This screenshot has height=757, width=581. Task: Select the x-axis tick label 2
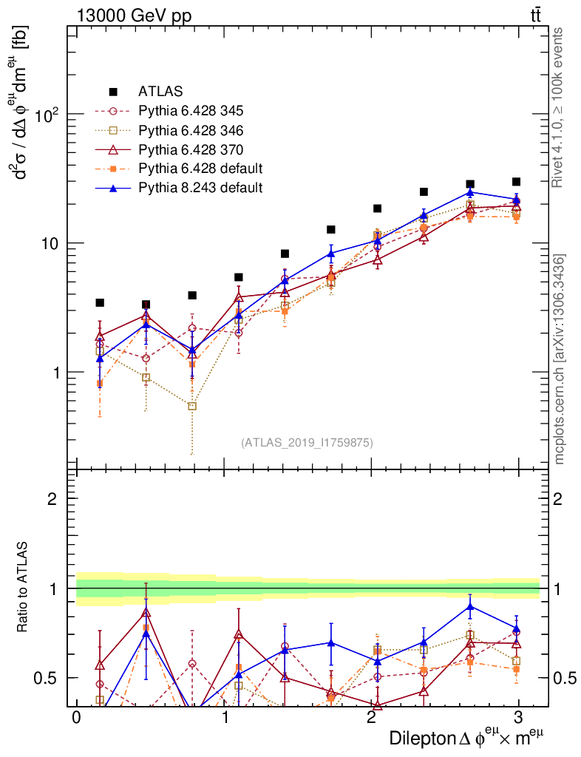[370, 719]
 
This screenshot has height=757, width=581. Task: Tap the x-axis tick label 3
[518, 719]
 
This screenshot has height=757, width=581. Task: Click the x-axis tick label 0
[76, 719]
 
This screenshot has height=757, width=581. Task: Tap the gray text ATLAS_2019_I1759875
[307, 443]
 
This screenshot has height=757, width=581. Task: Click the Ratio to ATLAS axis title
[24, 588]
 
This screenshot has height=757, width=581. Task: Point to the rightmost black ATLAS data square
[516, 182]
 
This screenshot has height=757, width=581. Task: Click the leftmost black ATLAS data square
[100, 303]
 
